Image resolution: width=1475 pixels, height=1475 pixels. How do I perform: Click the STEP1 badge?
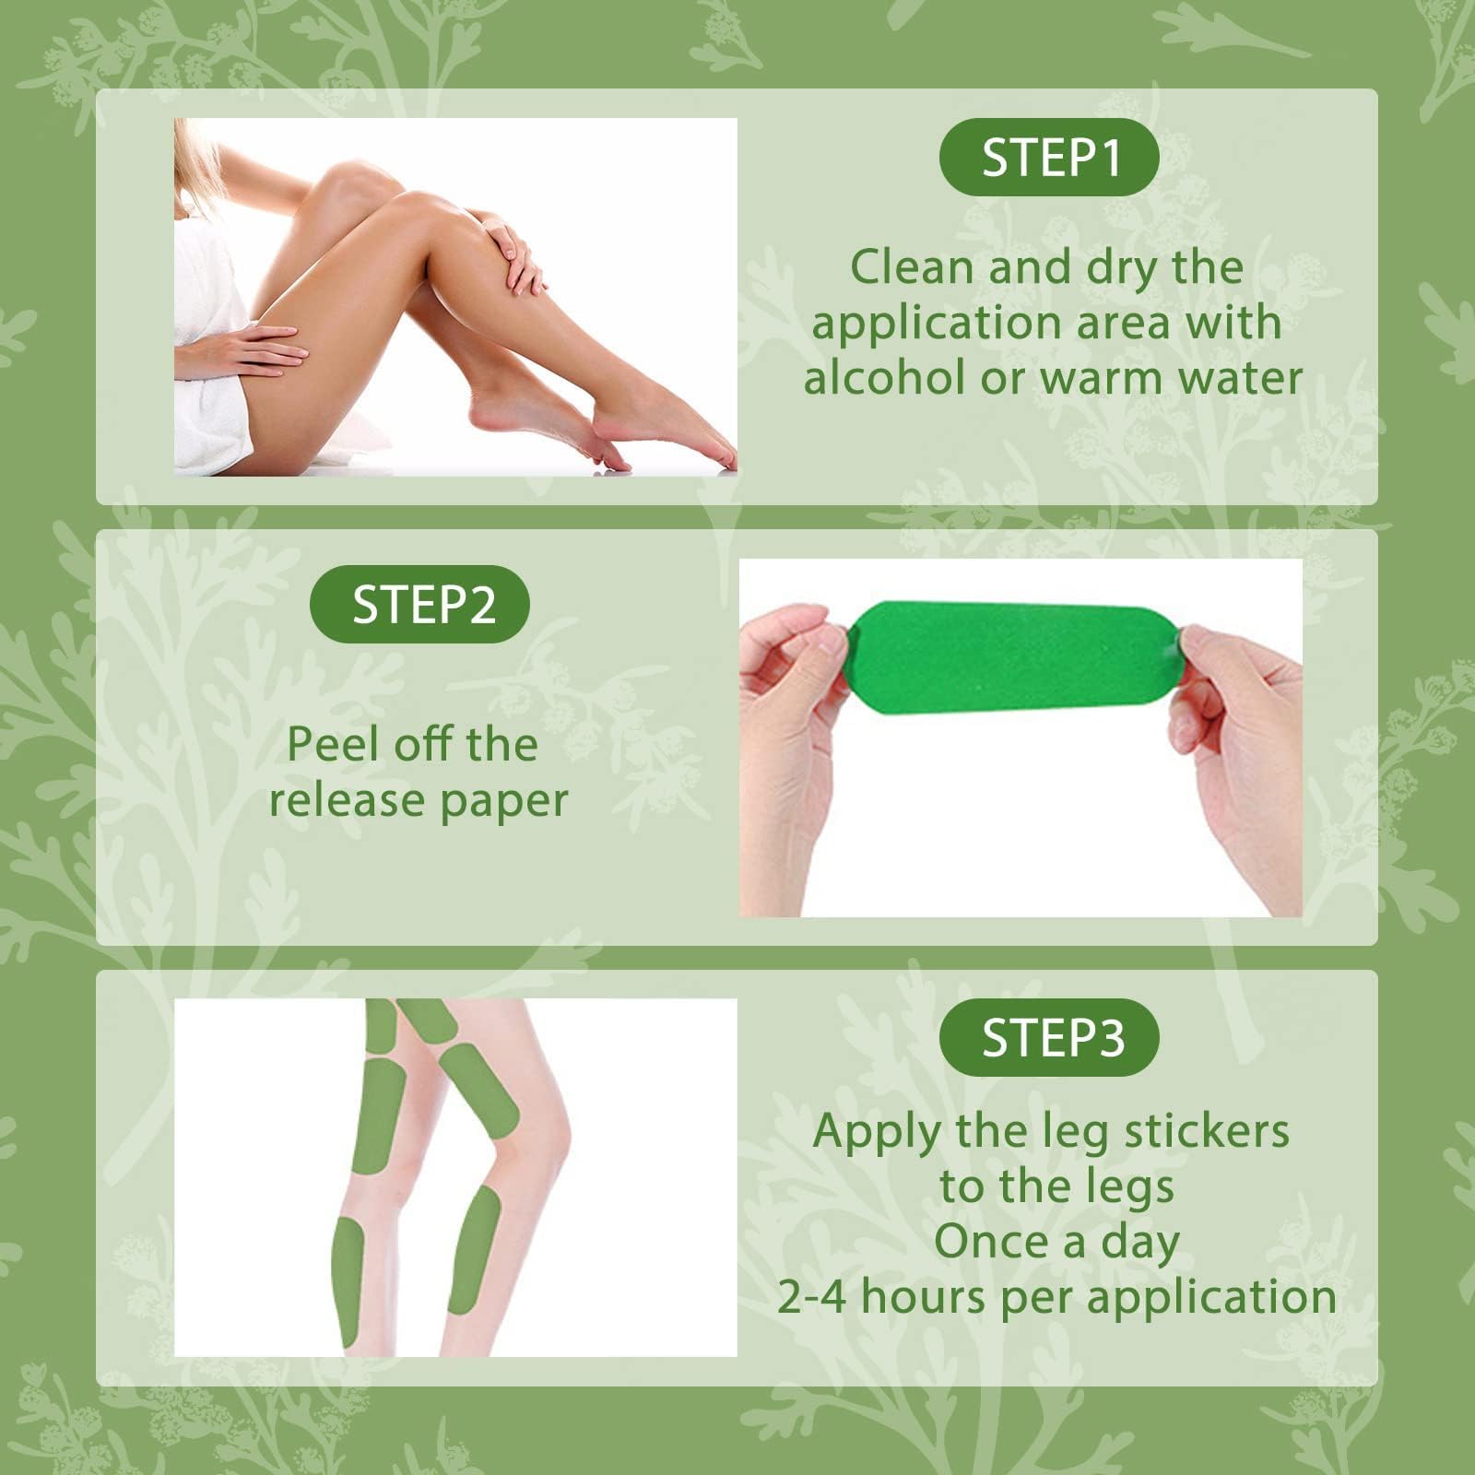pos(1049,158)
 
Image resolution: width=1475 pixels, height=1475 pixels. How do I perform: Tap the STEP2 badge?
pos(420,605)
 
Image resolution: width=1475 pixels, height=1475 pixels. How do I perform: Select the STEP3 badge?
pos(1049,1038)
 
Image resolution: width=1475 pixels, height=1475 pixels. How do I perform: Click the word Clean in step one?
pos(912,267)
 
